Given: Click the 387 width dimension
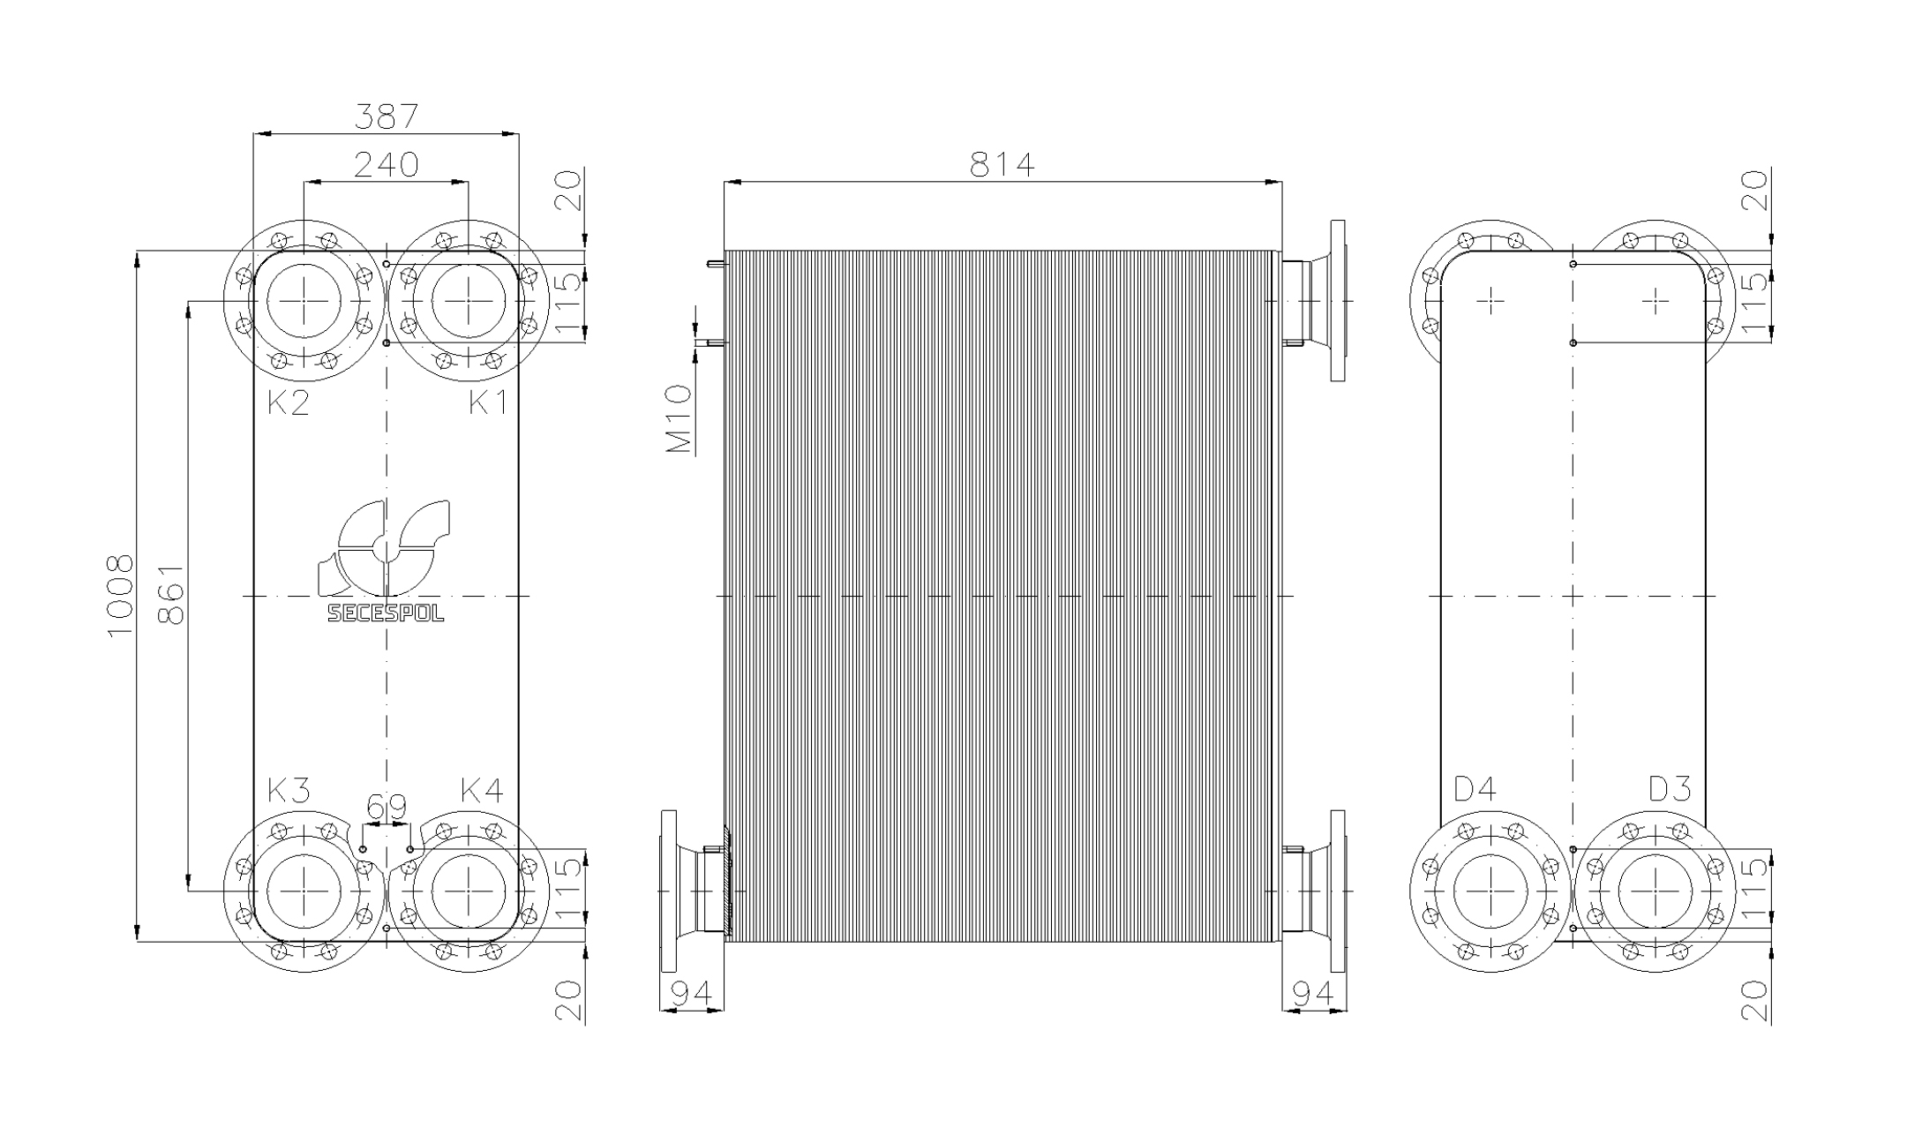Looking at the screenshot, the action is tap(386, 116).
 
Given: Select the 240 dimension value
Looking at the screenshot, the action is tap(386, 164).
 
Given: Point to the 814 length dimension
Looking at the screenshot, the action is tap(1002, 164).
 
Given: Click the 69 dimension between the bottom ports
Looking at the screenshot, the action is tap(387, 807).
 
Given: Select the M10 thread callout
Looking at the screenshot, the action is tap(679, 419).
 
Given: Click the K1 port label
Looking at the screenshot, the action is tap(488, 402).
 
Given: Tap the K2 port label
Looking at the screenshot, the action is tap(289, 402).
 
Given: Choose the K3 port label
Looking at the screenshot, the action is tap(289, 791).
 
